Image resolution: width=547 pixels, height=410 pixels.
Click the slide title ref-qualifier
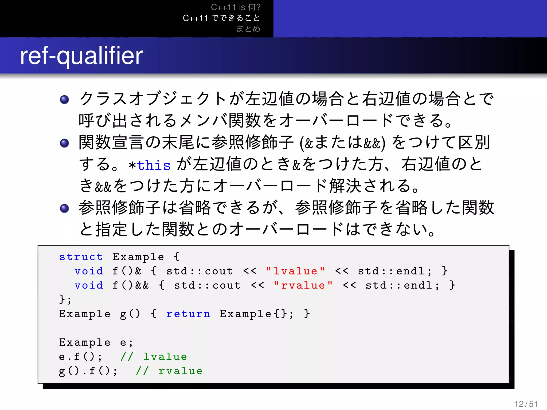click(x=81, y=56)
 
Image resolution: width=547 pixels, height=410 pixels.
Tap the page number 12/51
click(x=526, y=404)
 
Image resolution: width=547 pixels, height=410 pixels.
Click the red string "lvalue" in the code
click(x=295, y=271)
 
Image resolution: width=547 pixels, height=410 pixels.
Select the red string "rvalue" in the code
click(x=303, y=286)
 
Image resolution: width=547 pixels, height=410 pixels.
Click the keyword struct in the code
click(x=81, y=257)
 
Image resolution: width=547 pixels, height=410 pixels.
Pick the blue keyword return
click(x=188, y=314)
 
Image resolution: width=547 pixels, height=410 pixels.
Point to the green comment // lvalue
click(x=154, y=357)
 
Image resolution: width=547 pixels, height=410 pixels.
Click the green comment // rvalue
click(x=169, y=371)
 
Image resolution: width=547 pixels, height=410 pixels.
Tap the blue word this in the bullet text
click(x=154, y=165)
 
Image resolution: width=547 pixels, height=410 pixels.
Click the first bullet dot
click(x=64, y=100)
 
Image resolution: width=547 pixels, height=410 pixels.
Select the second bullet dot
click(x=64, y=143)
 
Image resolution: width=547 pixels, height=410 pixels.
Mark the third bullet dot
click(x=64, y=208)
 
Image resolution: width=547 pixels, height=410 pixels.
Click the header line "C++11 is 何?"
click(x=236, y=7)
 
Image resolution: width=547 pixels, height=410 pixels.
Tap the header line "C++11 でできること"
click(x=221, y=18)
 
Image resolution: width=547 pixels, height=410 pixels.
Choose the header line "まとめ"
click(x=248, y=29)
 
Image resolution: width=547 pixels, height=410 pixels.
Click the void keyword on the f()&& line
click(x=89, y=286)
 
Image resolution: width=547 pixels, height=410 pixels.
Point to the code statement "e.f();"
click(x=80, y=357)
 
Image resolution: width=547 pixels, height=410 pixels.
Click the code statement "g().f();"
click(x=88, y=371)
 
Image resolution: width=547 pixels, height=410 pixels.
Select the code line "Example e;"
click(x=96, y=342)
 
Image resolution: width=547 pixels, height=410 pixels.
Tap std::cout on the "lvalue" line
click(x=200, y=271)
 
